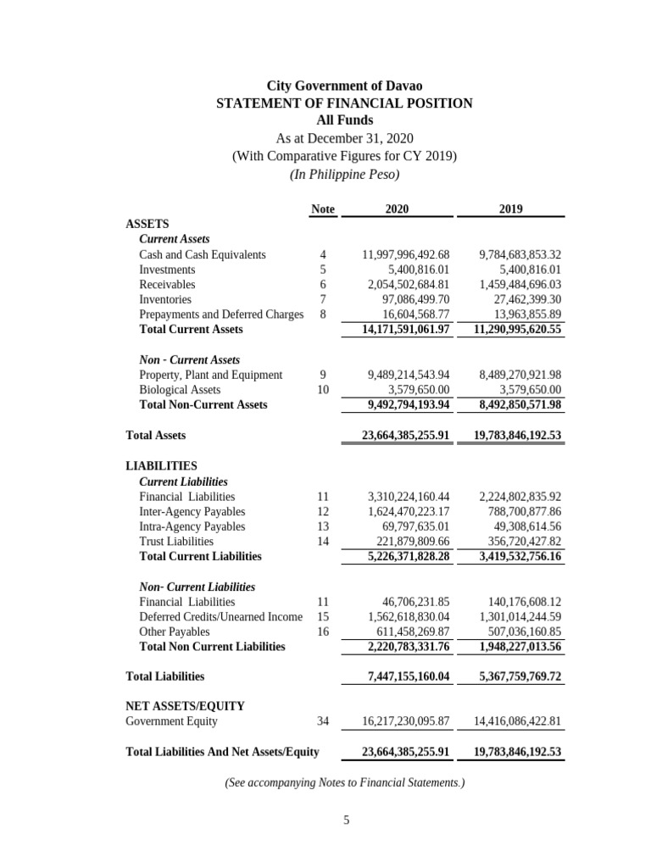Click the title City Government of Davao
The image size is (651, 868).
[x=344, y=86]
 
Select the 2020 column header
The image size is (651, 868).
[x=397, y=209]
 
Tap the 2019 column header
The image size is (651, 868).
[x=510, y=209]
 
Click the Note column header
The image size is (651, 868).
[x=323, y=209]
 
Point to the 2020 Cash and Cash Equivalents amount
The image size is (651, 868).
[x=405, y=254]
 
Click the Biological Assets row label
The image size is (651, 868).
[x=180, y=390]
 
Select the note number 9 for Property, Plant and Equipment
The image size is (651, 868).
[x=323, y=375]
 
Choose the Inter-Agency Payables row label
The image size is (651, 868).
[x=192, y=511]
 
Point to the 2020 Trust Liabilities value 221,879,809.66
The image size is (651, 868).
[x=409, y=541]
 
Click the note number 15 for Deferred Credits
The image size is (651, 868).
[x=323, y=617]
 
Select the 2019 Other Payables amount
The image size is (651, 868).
[x=520, y=632]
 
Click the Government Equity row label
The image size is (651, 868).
[x=171, y=721]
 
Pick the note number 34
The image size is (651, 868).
[x=323, y=721]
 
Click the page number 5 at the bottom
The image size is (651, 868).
[x=346, y=820]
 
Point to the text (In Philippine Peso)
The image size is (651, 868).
[x=344, y=174]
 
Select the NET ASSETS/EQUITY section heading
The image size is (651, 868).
[x=185, y=705]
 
